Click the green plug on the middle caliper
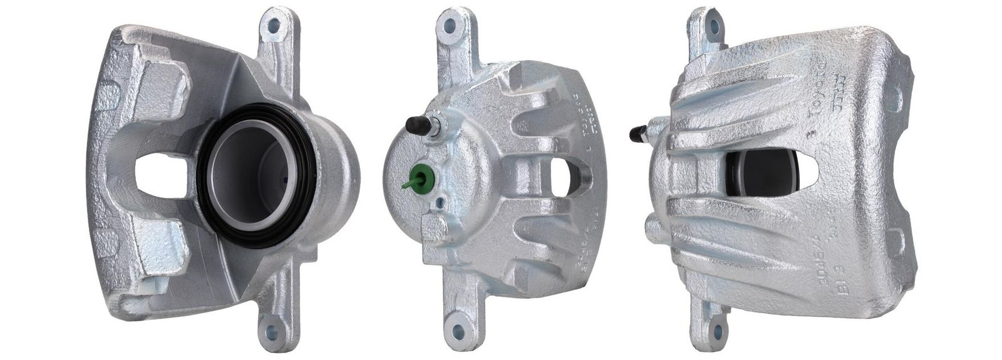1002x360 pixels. point(421,177)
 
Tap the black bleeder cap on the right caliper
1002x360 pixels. point(638,132)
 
